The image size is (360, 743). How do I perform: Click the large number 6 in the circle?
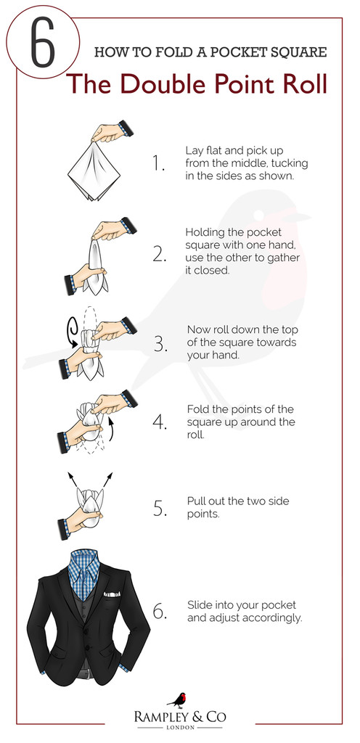pyautogui.click(x=43, y=43)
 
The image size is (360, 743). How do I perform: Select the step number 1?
pyautogui.click(x=158, y=163)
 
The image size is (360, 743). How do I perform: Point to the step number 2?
pyautogui.click(x=160, y=255)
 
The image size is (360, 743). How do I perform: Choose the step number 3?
pyautogui.click(x=160, y=345)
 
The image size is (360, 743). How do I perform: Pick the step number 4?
pyautogui.click(x=160, y=422)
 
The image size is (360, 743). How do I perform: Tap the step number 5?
pyautogui.click(x=160, y=507)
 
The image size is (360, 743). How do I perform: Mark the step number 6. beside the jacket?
pyautogui.click(x=160, y=611)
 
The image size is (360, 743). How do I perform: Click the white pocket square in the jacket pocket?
pyautogui.click(x=112, y=594)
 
